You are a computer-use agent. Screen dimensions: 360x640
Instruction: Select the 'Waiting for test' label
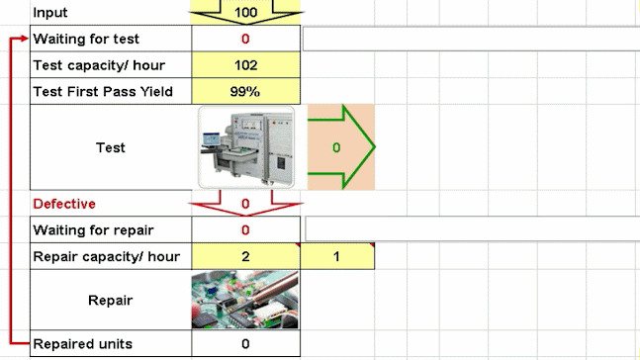coord(86,39)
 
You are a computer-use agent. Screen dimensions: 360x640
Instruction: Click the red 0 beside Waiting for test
coord(246,39)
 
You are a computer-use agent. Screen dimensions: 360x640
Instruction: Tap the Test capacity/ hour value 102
coord(246,65)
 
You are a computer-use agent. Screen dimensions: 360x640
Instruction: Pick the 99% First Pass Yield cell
coord(246,91)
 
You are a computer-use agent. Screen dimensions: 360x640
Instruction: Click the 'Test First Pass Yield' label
coord(103,91)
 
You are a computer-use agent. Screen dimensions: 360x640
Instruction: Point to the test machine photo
coord(247,147)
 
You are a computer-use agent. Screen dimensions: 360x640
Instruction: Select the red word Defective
coord(64,204)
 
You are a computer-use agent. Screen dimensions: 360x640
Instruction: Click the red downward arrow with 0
coord(246,206)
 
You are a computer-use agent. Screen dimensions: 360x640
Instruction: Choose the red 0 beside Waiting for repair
coord(246,230)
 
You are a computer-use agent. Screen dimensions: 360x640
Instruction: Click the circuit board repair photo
coord(246,300)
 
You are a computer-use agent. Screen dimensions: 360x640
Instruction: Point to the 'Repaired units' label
coord(84,344)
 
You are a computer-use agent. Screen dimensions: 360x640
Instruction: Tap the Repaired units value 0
coord(246,344)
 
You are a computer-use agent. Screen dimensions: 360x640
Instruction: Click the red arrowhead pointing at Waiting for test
coord(25,39)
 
